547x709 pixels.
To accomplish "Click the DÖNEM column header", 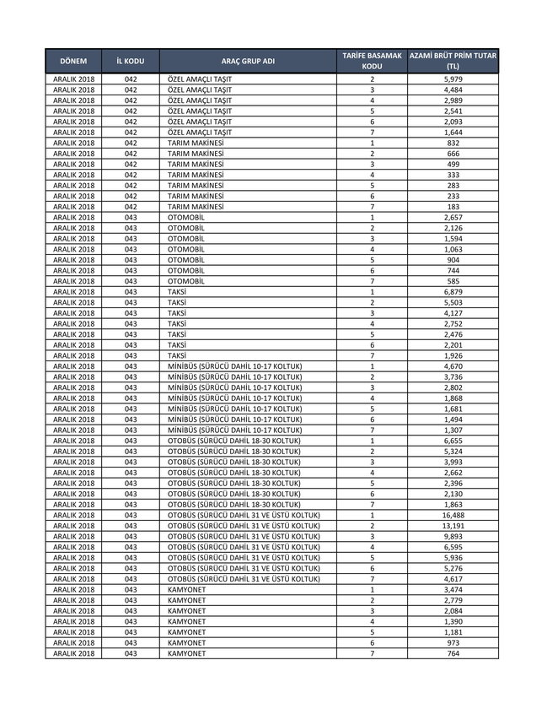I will [74, 61].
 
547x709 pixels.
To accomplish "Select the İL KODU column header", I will [131, 61].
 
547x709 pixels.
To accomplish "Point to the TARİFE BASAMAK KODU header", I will [372, 61].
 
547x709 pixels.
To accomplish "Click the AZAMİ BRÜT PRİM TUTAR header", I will [453, 61].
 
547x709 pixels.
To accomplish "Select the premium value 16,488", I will [453, 515].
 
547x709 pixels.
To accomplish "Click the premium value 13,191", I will [453, 526].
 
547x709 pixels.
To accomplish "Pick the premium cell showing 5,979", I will [453, 79].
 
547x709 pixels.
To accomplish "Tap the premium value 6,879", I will [453, 292].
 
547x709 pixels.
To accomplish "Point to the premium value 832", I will [453, 143].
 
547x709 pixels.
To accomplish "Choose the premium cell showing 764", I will [453, 653].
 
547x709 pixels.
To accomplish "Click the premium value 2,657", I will [453, 218].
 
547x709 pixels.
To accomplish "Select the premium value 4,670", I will [453, 366].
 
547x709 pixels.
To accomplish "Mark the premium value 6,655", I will [453, 441].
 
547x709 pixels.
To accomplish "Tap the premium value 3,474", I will [453, 589].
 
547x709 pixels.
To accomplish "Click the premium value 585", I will [453, 281].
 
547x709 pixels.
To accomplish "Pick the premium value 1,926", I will [453, 355].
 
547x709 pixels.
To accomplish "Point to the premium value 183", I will [453, 207].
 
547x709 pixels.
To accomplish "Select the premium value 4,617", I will [453, 579].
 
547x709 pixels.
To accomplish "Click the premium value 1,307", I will [453, 430].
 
